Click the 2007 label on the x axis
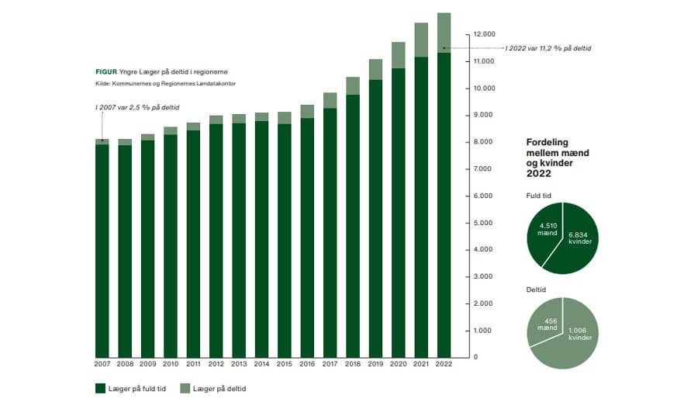(x=102, y=363)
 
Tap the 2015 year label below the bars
(x=285, y=363)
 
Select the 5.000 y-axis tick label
(x=481, y=224)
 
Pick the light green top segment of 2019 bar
(x=375, y=69)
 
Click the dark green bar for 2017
(x=330, y=233)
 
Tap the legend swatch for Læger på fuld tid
(x=100, y=388)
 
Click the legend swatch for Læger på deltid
(x=185, y=388)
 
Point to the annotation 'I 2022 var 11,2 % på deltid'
(x=548, y=49)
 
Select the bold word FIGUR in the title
(x=105, y=71)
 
